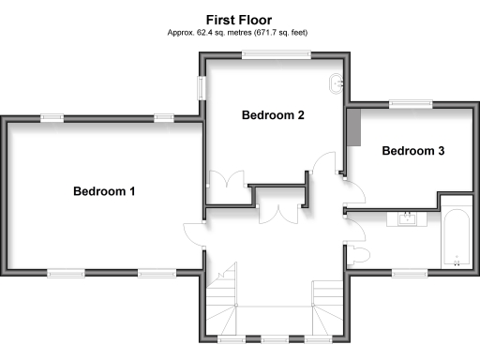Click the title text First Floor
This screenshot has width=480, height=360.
[239, 18]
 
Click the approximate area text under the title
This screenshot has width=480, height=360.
[239, 32]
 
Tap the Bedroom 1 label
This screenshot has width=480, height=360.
[105, 191]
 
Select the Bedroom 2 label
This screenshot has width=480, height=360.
[273, 116]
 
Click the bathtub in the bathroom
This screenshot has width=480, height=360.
[457, 234]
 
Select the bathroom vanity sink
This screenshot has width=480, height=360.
[408, 219]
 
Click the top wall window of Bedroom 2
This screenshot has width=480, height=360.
[276, 54]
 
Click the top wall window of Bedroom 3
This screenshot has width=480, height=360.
[411, 103]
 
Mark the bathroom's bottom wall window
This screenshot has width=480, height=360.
[410, 273]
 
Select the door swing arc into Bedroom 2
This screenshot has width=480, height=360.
[323, 164]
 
